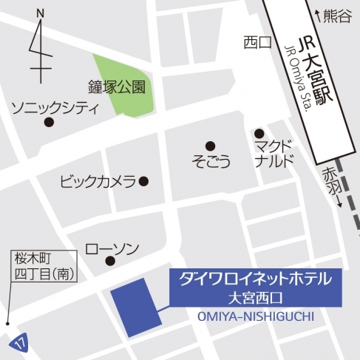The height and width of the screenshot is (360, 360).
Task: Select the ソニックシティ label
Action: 55,109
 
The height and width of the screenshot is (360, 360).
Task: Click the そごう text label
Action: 211,160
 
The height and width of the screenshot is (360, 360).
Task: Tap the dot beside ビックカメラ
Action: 144,180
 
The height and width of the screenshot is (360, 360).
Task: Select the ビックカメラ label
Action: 98,180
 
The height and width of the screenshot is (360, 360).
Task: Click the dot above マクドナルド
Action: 259,133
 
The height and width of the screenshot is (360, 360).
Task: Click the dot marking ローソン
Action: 110,261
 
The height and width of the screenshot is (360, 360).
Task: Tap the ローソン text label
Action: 112,247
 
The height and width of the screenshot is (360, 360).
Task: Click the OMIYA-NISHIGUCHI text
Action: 256,316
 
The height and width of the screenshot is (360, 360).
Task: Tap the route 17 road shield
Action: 18,342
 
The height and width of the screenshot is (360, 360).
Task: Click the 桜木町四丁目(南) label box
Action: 40,266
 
